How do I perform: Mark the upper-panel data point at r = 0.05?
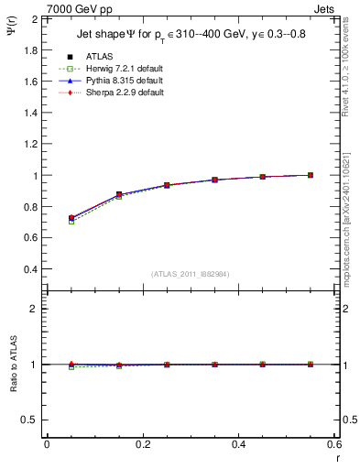71,218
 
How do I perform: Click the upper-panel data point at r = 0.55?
311,175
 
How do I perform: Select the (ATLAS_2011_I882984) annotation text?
191,274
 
